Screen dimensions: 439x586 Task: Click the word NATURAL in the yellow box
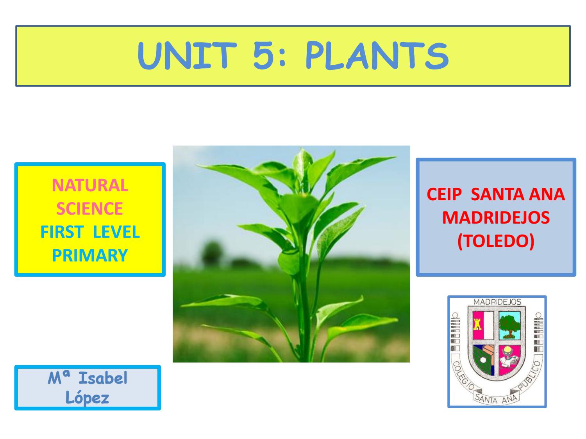[90, 185]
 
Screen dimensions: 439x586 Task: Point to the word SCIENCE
[89, 209]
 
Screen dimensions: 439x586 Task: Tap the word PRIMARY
[90, 256]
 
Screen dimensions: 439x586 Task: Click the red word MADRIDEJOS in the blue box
[496, 217]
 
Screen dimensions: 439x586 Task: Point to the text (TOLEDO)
[496, 241]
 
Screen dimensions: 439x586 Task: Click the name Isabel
[103, 378]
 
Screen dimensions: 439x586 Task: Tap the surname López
[87, 398]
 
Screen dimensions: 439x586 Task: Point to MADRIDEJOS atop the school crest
[497, 302]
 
